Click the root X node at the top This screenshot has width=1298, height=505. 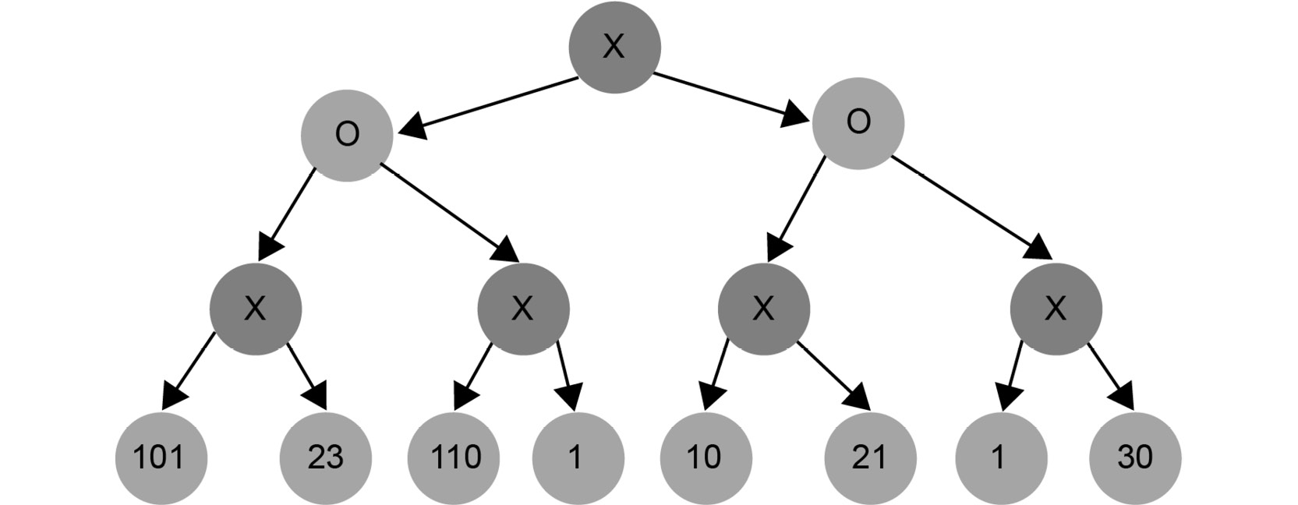click(614, 47)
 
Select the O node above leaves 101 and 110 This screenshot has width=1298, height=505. click(347, 136)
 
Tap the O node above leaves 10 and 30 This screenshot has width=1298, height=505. click(858, 123)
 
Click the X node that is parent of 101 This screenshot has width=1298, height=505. click(256, 309)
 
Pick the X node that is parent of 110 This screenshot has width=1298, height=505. click(524, 309)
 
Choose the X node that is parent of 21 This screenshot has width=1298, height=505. click(764, 309)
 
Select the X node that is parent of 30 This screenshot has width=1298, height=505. click(1056, 309)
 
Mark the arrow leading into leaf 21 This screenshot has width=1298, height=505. click(834, 376)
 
